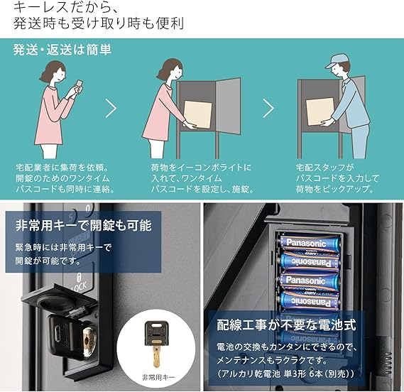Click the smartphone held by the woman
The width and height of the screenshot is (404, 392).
(79, 85)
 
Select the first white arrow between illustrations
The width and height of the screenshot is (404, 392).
(111, 108)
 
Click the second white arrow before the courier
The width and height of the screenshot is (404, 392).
(268, 108)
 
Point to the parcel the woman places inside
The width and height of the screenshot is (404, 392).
(198, 114)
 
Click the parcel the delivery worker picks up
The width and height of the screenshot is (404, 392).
(320, 112)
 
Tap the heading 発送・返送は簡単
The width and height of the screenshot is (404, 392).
(62, 50)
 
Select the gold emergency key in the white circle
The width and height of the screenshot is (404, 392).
(156, 344)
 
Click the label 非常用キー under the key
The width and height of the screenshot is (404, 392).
(158, 378)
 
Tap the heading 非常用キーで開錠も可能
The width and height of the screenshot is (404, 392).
(84, 225)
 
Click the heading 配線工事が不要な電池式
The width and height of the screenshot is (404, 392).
(286, 325)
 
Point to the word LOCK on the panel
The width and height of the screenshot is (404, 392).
(80, 287)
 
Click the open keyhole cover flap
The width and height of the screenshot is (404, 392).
(58, 299)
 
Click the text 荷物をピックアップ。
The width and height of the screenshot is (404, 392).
(335, 189)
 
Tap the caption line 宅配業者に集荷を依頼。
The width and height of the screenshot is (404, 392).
(62, 168)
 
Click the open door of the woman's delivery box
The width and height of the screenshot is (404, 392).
(228, 107)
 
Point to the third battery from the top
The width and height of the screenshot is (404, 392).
(309, 281)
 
